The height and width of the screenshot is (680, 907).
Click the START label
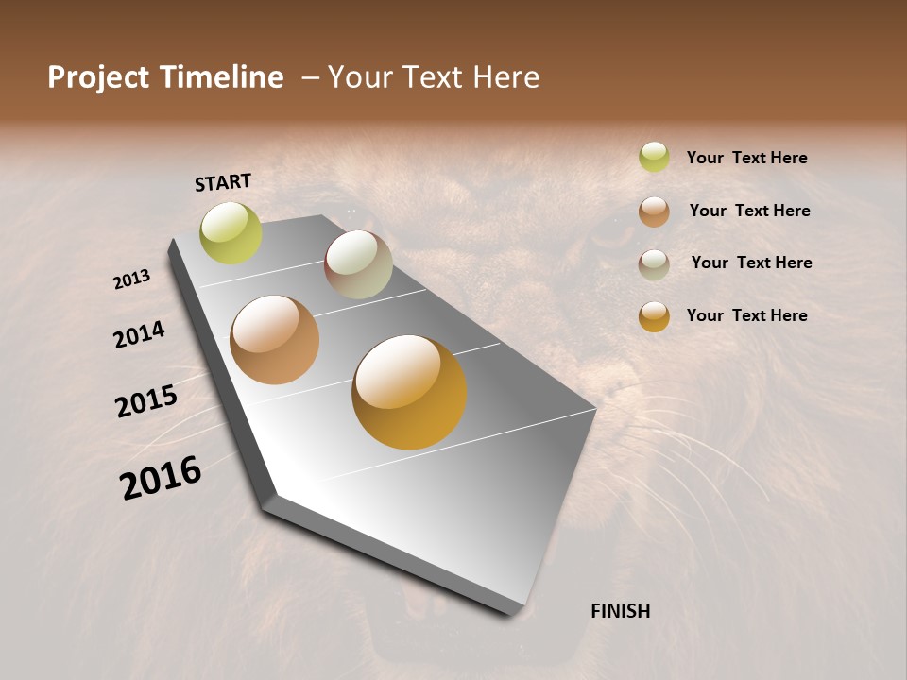tap(223, 182)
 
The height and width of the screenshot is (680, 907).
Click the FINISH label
tap(621, 611)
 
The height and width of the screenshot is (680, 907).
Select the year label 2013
tap(131, 280)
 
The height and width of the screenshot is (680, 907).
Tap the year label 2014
tap(139, 334)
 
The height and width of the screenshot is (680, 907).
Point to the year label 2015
tap(146, 400)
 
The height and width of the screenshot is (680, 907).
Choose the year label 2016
tap(161, 477)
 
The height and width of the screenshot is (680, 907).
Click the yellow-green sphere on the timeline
tap(231, 233)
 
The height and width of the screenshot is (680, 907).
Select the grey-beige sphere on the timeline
tap(358, 264)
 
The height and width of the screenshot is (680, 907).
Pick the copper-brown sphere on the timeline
tap(274, 340)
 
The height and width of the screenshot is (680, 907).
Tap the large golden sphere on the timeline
tap(409, 392)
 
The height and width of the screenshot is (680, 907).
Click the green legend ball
tap(654, 157)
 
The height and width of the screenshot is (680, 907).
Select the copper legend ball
tap(654, 212)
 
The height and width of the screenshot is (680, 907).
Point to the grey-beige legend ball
tap(654, 264)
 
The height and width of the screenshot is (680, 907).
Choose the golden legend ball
tap(654, 316)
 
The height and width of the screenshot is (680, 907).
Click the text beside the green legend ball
tap(746, 158)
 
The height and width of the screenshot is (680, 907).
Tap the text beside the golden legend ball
tap(746, 315)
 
